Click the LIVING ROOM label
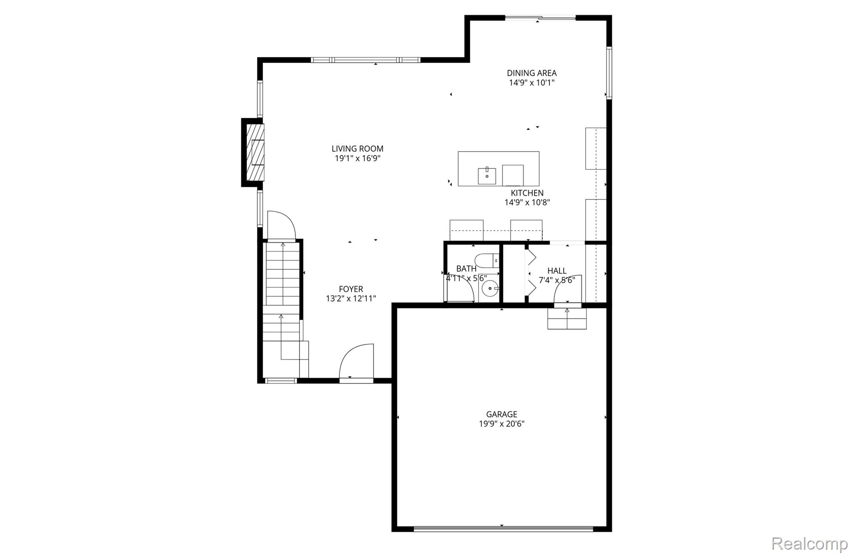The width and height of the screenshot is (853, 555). pos(357,149)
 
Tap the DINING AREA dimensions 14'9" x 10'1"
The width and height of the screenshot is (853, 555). pos(531,83)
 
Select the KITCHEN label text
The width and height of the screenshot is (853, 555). pos(527,193)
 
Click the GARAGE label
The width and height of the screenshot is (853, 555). pos(501,414)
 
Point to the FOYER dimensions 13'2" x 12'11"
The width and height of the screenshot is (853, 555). pos(351,299)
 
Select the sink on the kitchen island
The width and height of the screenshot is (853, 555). pos(486,176)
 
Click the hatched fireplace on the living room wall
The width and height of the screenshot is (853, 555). pos(255,152)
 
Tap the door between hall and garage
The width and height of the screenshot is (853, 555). pos(567,290)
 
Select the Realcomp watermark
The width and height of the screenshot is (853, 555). pos(809,543)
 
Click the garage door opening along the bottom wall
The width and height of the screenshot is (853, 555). pos(503,529)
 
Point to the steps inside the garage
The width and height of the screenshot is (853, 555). pos(567,319)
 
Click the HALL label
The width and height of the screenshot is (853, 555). pos(556,271)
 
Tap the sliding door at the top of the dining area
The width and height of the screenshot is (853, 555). pos(540,18)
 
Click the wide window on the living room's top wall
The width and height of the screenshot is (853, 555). pos(365,60)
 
